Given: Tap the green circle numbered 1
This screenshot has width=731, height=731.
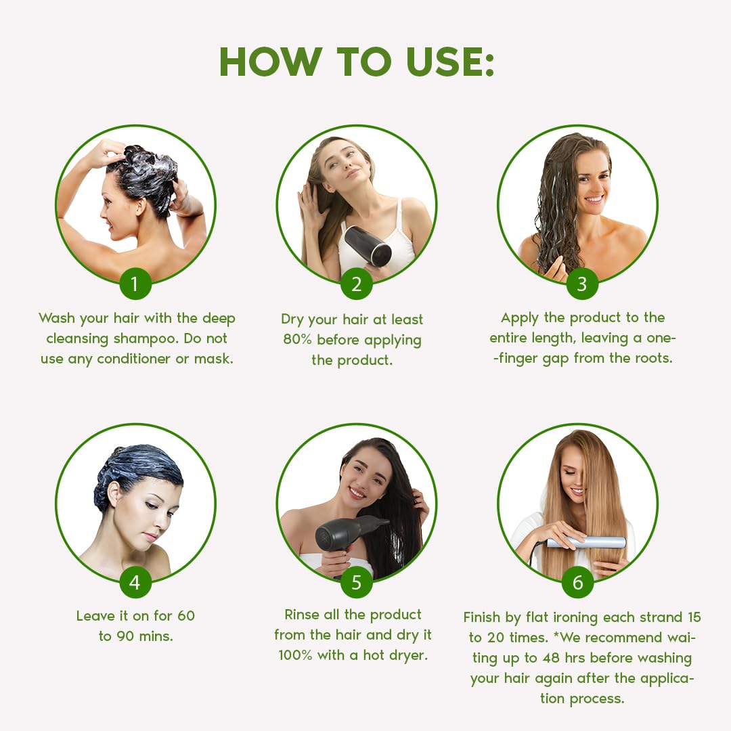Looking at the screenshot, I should [135, 284].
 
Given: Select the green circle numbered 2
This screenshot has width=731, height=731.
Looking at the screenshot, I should [356, 284].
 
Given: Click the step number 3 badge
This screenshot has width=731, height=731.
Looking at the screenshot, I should [581, 284].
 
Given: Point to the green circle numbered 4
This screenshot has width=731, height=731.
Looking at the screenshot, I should [135, 583].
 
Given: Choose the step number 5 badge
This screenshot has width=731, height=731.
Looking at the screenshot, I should [356, 583].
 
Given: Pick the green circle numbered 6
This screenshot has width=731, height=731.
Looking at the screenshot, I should [577, 583].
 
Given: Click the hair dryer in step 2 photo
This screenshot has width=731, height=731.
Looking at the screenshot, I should [369, 245].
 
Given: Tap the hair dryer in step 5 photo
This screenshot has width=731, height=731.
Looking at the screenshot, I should [349, 531].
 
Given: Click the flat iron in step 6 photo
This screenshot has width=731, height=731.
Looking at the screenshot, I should [586, 542].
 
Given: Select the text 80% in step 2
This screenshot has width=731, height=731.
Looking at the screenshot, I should [297, 340].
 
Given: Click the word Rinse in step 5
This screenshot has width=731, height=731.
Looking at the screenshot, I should [303, 615].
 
